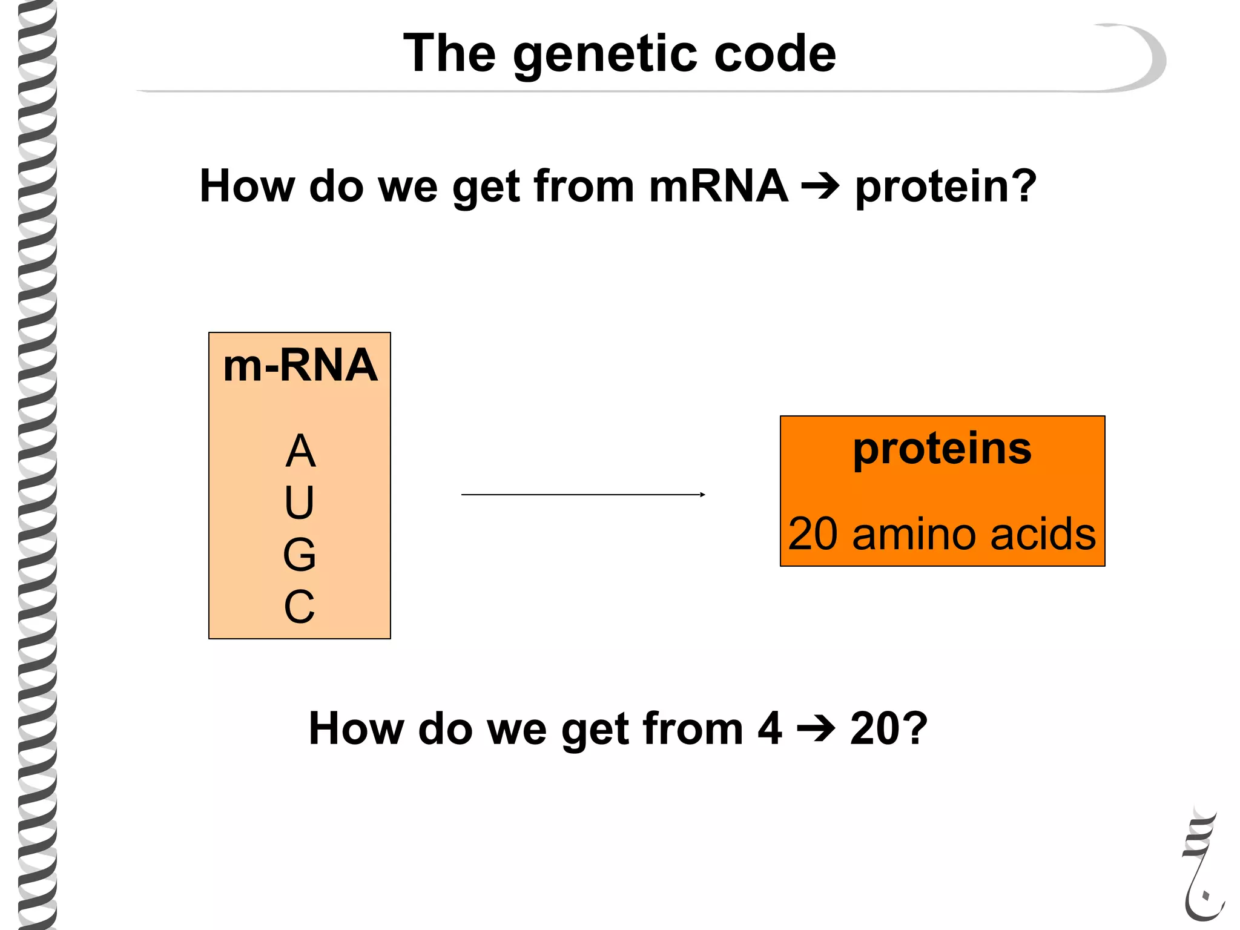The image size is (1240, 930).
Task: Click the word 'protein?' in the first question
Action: click(946, 186)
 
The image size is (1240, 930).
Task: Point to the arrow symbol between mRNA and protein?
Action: click(820, 186)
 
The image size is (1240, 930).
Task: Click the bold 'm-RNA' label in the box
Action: click(300, 366)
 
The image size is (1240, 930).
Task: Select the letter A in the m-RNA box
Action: click(300, 451)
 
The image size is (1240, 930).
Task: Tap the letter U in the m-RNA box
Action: click(300, 503)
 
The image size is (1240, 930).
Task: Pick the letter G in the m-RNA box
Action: click(300, 555)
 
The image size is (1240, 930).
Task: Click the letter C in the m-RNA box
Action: click(300, 606)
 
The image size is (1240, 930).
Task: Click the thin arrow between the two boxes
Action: click(583, 495)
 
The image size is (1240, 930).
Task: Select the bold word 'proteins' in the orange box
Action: click(942, 449)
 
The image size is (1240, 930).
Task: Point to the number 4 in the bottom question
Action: click(770, 728)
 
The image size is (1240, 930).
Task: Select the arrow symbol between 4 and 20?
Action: click(816, 728)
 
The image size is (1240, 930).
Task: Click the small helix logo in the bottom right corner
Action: click(1202, 866)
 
